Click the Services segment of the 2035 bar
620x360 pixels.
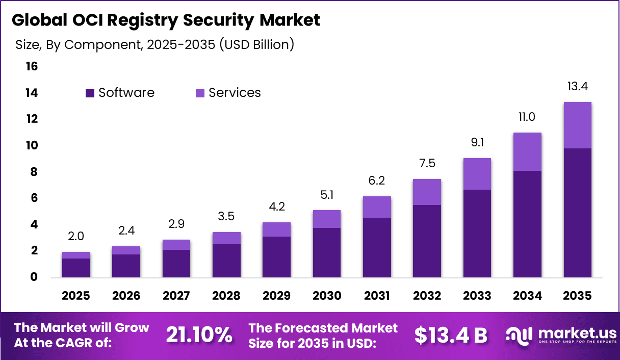(577, 125)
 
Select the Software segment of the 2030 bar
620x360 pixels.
(326, 252)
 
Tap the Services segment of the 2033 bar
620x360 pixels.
(477, 174)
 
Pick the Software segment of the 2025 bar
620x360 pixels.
(76, 268)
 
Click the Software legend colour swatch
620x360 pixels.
(90, 93)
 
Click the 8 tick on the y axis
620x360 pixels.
(33, 172)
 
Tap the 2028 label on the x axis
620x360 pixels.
(226, 296)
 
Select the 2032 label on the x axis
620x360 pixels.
(427, 296)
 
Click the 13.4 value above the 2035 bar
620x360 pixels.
(577, 87)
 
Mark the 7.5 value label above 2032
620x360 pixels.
(427, 164)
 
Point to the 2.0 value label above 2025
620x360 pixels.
(76, 236)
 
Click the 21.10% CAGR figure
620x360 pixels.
(199, 335)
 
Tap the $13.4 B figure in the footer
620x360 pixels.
(450, 335)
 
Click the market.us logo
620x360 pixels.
(561, 335)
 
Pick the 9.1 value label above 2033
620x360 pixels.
(477, 143)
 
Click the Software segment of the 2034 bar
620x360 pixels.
(527, 224)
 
